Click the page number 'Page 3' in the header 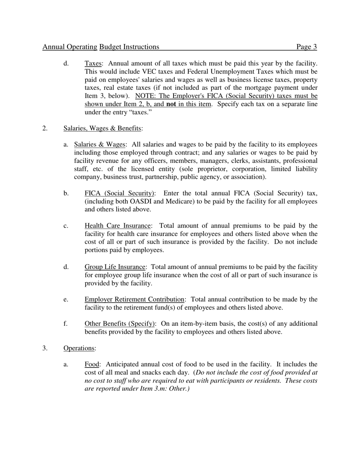coord(307,47)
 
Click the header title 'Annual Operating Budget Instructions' coord(101,47)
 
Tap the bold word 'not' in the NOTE coord(171,104)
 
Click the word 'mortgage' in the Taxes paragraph coord(254,88)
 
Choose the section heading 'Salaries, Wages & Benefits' coord(102,128)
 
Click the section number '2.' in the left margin coord(45,128)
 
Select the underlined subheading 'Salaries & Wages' coord(99,144)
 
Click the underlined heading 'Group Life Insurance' coord(115,267)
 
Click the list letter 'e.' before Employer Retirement coord(66,300)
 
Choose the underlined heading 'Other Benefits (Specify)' coord(120,324)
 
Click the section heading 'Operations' coord(79,348)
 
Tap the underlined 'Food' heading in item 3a coord(92,364)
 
